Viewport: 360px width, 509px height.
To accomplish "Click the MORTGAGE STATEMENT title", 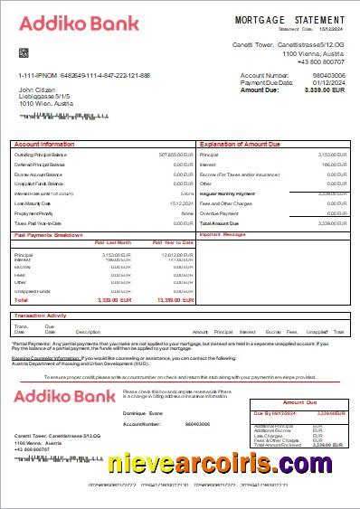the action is point(289,19).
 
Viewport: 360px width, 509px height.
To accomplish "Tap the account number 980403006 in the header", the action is point(327,75).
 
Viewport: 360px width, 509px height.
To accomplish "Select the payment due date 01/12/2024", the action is point(327,82).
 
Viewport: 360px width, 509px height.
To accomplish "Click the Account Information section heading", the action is point(44,145).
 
